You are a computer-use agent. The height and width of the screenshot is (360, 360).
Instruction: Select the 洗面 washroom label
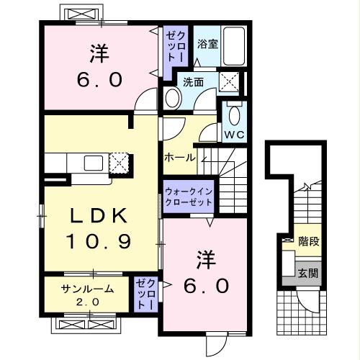[x=192, y=82]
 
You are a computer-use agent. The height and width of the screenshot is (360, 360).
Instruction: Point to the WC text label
[x=234, y=135]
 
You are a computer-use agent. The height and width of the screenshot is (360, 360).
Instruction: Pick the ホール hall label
[x=179, y=156]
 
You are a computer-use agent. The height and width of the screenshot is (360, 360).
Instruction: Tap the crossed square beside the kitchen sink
[x=119, y=163]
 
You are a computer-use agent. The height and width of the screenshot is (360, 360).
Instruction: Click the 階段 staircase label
[x=310, y=242]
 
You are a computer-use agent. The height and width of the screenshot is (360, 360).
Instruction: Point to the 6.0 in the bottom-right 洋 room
[x=204, y=285]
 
